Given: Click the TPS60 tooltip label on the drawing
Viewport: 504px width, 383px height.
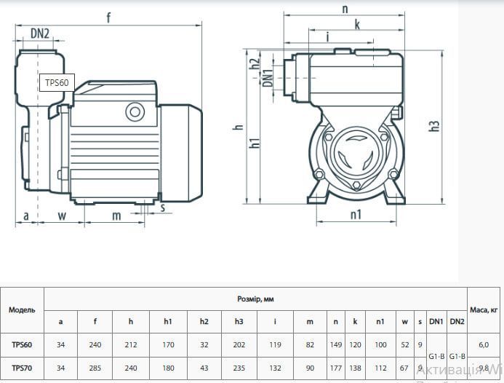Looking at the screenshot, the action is pos(57,82).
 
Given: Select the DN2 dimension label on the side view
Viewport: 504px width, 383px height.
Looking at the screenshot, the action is pos(40,33).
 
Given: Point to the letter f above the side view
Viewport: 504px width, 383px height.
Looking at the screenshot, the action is pos(108,17).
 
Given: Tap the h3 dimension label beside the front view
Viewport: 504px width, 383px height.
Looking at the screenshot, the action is pos(434,126).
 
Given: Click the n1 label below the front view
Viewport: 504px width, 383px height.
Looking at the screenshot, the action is pos(356,214).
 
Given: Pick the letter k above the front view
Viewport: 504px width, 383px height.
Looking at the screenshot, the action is pos(357,25).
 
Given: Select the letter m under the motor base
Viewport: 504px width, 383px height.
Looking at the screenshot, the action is pos(116,216).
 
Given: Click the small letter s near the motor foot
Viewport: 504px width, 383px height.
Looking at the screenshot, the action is pos(163,208).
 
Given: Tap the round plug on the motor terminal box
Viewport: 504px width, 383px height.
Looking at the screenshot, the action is pos(135,111).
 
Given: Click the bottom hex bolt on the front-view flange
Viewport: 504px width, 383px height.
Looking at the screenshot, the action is pos(356,186).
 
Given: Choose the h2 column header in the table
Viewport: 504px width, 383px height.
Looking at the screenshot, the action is pos(204,322).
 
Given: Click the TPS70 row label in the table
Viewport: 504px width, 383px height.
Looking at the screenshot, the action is pos(22,368).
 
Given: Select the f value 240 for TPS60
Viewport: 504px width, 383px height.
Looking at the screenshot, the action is pos(95,344).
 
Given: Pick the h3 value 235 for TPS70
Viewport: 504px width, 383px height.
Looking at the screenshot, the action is pos(239,368).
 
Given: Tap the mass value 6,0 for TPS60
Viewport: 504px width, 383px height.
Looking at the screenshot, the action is pos(484,345).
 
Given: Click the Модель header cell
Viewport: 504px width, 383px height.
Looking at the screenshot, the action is pos(22,310).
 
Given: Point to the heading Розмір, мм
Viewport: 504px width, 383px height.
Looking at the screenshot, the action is pos(255,299).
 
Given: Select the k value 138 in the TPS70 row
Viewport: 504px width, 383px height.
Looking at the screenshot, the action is pos(355,368).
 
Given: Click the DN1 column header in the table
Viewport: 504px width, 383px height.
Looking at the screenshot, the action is pos(436,321).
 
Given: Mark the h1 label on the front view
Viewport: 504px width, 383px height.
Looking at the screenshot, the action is pos(255,143).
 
